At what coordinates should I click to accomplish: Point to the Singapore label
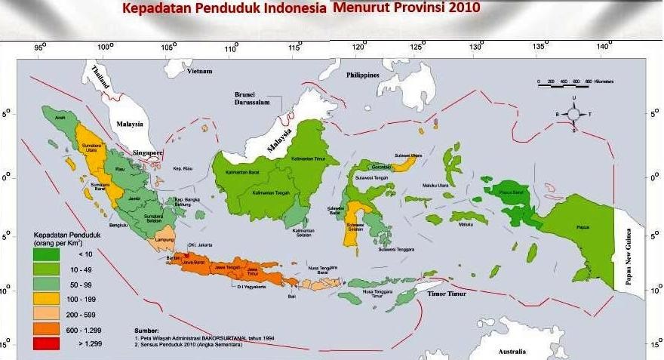click(149, 152)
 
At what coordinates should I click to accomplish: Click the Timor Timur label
click(447, 294)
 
